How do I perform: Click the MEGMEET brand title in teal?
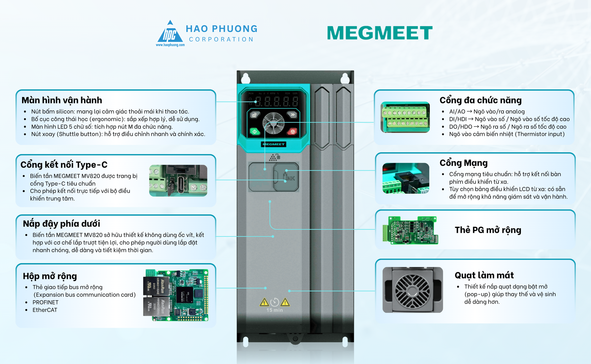click(380, 33)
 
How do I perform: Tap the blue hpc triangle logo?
click(170, 33)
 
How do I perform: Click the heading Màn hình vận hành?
click(62, 100)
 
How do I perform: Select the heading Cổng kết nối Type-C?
click(64, 165)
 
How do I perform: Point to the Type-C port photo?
click(178, 181)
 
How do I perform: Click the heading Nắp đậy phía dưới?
click(61, 224)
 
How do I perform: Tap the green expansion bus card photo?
click(176, 295)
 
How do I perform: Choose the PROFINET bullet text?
click(45, 302)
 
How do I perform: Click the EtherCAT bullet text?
click(45, 310)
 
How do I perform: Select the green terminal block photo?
click(405, 117)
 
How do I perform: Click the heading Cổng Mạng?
click(464, 163)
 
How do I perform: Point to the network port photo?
click(406, 178)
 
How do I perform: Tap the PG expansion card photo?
click(411, 230)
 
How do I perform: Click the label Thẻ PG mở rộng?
click(488, 230)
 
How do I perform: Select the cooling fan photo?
click(412, 290)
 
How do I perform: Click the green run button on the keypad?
click(255, 131)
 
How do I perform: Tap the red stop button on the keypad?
click(292, 131)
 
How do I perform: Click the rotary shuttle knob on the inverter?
click(273, 123)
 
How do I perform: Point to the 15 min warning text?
click(274, 310)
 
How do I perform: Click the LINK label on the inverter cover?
click(289, 178)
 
